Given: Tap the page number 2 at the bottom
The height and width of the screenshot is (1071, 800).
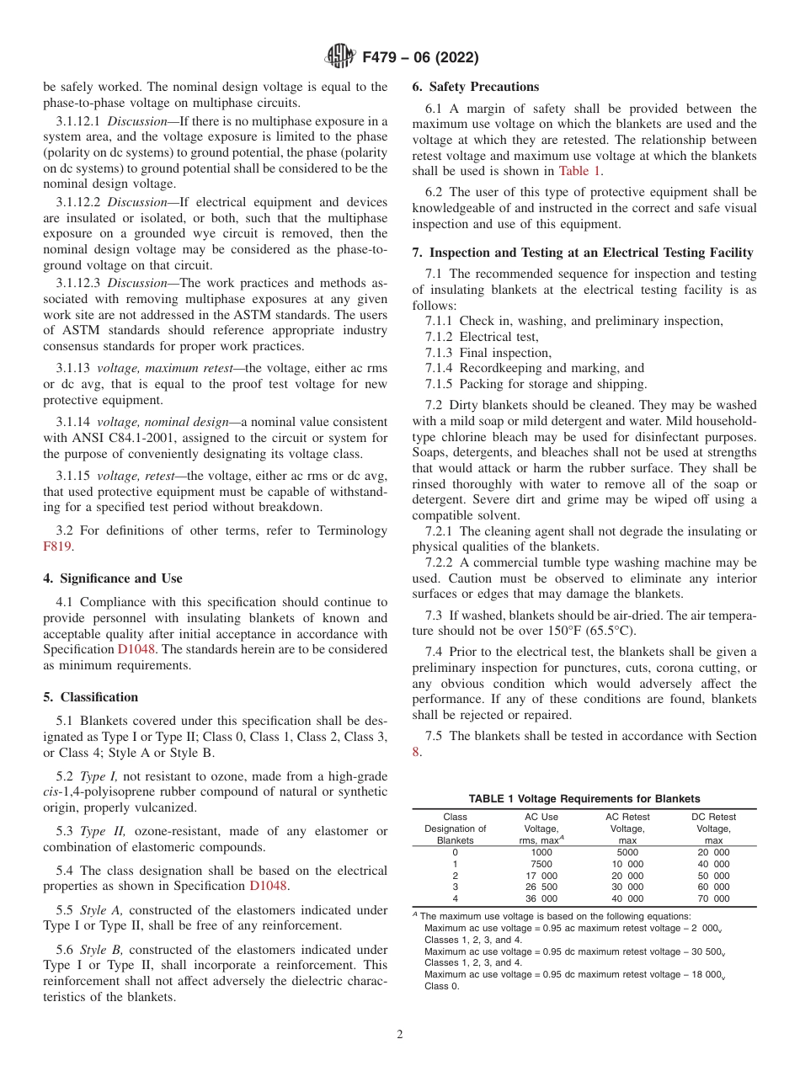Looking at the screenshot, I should coord(399,1035).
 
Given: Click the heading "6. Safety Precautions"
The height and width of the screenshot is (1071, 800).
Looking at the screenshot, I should coord(475,87).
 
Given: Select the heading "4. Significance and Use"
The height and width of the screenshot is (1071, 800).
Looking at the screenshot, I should coord(112,578).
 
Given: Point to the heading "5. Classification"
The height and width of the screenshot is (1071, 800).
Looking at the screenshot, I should coord(91,697).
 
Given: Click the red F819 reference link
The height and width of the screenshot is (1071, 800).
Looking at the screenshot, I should coord(56,546).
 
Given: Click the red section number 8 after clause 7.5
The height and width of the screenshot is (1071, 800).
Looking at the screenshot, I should coord(415,751).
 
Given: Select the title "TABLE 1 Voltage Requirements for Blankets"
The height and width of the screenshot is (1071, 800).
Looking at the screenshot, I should coord(584,799).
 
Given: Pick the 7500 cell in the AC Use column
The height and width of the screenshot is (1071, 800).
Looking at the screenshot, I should coord(541,864).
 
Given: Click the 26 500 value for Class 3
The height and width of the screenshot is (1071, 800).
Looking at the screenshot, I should coord(541,887).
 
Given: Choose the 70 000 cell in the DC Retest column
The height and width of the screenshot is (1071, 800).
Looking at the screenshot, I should coord(712,898).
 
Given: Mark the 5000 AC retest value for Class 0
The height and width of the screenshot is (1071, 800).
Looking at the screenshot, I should coord(627,852).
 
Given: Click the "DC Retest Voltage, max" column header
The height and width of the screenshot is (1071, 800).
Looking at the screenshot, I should coord(713,829).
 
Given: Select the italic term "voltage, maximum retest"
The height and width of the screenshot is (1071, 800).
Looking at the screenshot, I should coord(164,368).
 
